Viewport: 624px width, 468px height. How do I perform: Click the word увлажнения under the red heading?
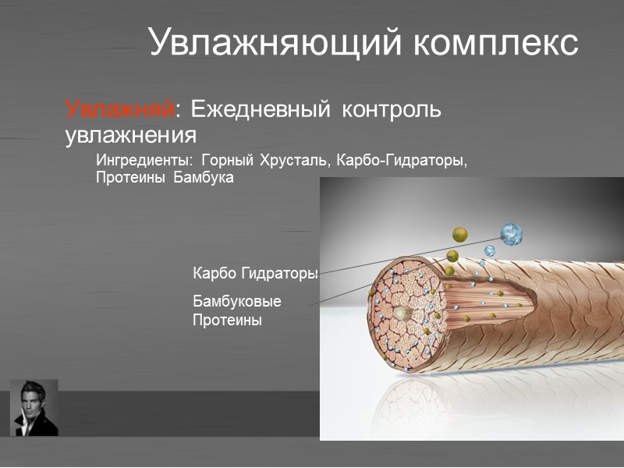(129, 135)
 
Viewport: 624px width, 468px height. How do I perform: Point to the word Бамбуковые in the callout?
(236, 301)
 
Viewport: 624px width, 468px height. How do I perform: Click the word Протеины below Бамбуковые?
(226, 320)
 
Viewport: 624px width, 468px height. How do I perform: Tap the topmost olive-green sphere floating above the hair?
(460, 234)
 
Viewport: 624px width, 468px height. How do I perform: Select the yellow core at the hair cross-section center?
(402, 313)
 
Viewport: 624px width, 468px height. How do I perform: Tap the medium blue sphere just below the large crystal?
(490, 250)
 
